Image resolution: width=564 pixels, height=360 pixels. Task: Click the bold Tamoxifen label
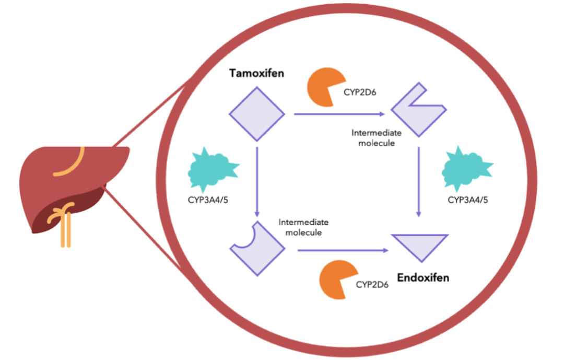256,73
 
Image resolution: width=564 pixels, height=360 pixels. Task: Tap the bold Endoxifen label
423,277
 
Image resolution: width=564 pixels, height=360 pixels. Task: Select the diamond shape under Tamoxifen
257,114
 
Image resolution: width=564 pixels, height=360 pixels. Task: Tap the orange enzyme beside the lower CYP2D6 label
335,279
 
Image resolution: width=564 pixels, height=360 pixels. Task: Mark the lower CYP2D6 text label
373,285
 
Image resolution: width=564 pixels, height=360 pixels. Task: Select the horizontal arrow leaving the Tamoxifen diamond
339,113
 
